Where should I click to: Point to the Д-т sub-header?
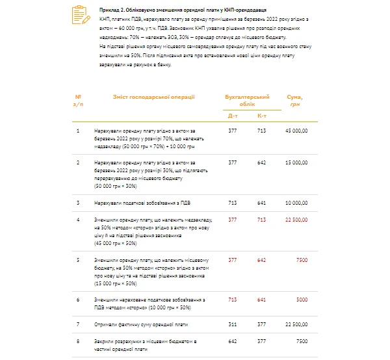(x=233, y=115)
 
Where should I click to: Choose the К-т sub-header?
(x=261, y=115)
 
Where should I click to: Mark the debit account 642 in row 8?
(x=233, y=340)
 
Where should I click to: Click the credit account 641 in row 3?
(x=261, y=202)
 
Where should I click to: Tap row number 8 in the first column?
(x=78, y=340)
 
